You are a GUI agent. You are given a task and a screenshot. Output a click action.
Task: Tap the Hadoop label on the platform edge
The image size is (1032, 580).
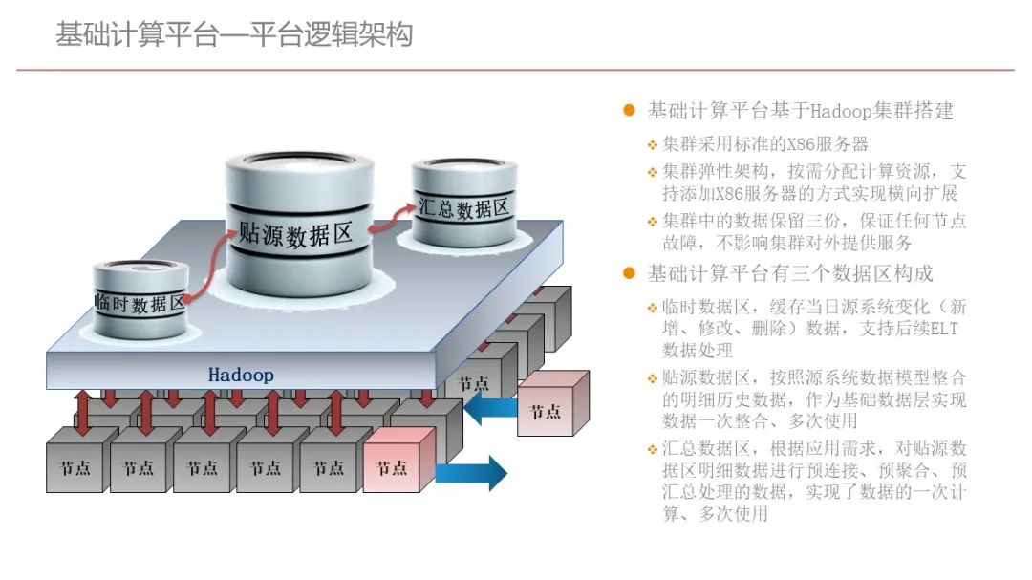coord(241,375)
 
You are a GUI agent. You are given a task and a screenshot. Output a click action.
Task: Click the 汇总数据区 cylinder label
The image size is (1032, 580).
coord(463,207)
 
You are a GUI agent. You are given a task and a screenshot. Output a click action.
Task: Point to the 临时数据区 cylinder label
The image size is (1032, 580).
coord(140,304)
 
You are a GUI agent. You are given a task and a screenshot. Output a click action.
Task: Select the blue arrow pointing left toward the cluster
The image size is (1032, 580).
coord(488,408)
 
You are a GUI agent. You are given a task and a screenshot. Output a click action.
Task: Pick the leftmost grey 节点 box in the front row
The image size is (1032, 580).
coord(75,467)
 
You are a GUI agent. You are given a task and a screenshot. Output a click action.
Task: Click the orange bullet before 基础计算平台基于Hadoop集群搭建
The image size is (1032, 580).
coord(629,111)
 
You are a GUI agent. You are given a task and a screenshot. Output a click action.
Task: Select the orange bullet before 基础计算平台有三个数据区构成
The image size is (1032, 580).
coord(629,274)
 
